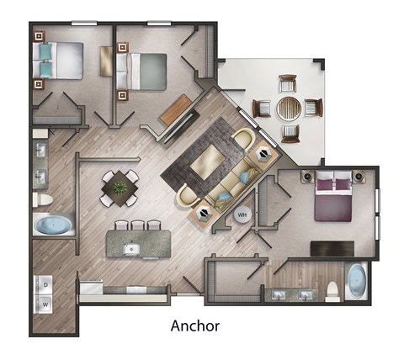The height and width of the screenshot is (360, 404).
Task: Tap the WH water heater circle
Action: pyautogui.click(x=242, y=214)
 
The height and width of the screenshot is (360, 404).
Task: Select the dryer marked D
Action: pyautogui.click(x=46, y=283)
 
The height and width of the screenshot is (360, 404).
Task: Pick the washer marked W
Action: pyautogui.click(x=46, y=301)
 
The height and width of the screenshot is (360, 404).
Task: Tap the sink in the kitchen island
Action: pyautogui.click(x=131, y=249)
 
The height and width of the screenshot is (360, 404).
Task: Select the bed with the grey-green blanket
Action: pyautogui.click(x=145, y=69)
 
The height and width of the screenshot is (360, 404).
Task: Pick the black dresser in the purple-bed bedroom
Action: pyautogui.click(x=332, y=248)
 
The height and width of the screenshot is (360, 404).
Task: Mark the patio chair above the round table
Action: pyautogui.click(x=288, y=84)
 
